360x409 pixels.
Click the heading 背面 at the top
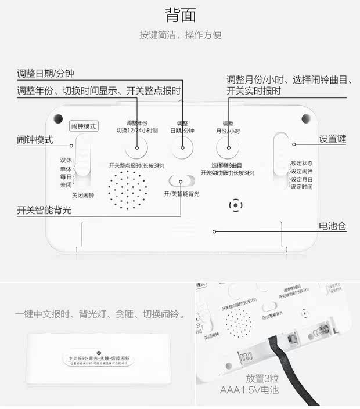click(x=180, y=14)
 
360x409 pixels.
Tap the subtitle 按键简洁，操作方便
click(x=180, y=35)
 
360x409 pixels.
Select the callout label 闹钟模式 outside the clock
click(x=35, y=140)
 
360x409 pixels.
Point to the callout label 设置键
click(x=332, y=139)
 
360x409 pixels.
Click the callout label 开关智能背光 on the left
click(x=44, y=210)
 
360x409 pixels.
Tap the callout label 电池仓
click(x=332, y=226)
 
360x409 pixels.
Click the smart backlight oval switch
click(x=181, y=181)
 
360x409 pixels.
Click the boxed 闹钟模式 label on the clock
click(x=82, y=125)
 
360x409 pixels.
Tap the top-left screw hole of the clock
click(x=58, y=119)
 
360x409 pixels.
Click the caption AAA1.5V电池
click(x=250, y=390)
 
